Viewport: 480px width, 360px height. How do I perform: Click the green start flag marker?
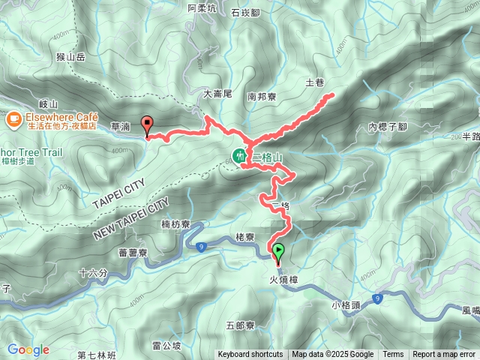tap(279, 250)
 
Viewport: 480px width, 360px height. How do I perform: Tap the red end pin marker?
tap(148, 126)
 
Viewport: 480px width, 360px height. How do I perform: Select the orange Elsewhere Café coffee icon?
tap(13, 118)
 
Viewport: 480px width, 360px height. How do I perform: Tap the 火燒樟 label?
tap(283, 279)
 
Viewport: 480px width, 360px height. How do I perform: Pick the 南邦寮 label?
tap(262, 96)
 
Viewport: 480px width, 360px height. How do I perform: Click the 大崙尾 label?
tap(218, 94)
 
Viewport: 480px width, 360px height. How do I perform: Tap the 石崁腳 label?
tap(245, 13)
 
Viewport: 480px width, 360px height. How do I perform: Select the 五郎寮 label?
tap(240, 326)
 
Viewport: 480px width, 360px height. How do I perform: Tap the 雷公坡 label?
tap(166, 345)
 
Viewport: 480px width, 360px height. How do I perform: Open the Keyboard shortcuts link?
tap(251, 355)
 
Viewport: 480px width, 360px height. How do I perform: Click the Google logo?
tap(28, 349)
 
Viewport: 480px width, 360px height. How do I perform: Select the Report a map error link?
tap(444, 355)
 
